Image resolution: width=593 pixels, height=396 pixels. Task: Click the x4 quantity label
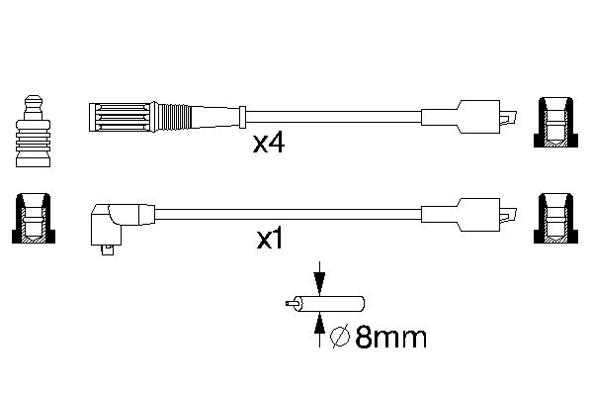(269, 145)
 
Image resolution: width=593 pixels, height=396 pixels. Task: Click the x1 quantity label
(269, 240)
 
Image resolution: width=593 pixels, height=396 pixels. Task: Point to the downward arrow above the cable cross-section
(318, 276)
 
